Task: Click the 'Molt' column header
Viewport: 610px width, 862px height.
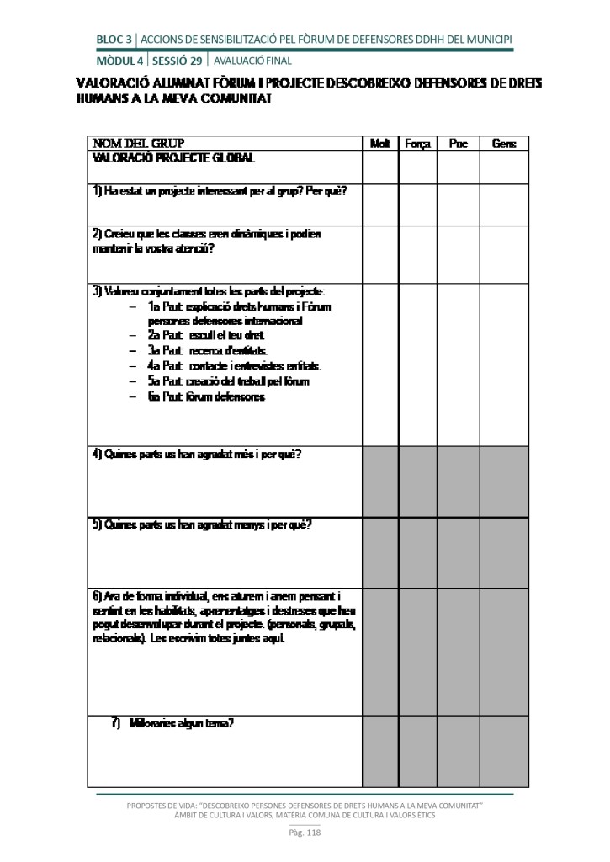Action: click(x=380, y=144)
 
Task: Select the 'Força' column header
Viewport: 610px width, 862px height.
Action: click(x=417, y=144)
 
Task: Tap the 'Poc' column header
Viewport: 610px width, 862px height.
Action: click(x=458, y=144)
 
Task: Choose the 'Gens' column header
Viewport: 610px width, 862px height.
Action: click(x=504, y=144)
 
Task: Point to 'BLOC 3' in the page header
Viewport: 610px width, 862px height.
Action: click(x=114, y=40)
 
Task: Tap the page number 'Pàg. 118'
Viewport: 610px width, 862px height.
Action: click(x=305, y=833)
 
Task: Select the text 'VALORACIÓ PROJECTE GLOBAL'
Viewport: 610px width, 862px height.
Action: click(x=173, y=157)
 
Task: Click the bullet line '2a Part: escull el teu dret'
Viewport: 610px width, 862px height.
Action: click(x=205, y=335)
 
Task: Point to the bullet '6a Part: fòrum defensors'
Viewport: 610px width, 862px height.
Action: click(x=206, y=396)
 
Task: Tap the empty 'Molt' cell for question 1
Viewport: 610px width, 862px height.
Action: click(x=380, y=205)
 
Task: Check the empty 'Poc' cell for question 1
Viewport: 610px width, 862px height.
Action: click(x=458, y=205)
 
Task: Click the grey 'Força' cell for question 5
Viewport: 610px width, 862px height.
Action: click(x=417, y=553)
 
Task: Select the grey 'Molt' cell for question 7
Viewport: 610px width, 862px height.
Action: click(x=380, y=752)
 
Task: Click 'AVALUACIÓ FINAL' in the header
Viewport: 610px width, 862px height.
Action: click(x=252, y=61)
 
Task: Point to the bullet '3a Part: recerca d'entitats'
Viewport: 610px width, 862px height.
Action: click(x=207, y=350)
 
